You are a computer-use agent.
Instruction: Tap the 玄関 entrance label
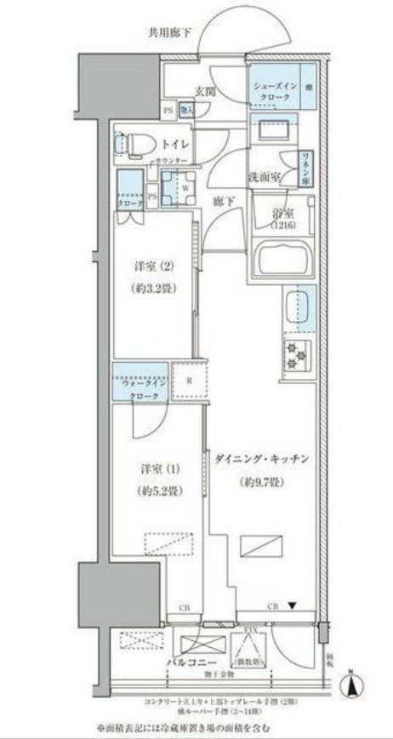[x=205, y=93]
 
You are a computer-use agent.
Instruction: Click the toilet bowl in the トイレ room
[x=134, y=146]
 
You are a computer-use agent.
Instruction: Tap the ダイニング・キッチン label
[x=265, y=460]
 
